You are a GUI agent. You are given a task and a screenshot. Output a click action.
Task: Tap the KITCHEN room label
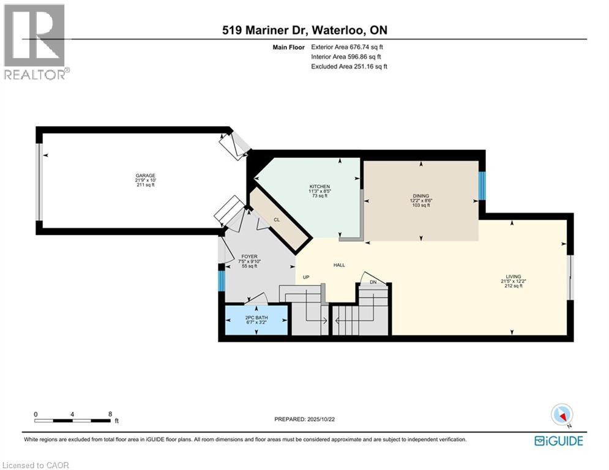319,187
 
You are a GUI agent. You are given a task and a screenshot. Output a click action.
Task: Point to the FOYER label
248,257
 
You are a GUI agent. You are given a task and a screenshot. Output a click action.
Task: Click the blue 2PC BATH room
256,320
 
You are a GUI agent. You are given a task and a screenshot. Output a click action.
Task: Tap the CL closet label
277,218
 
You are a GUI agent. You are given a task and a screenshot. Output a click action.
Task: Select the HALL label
339,265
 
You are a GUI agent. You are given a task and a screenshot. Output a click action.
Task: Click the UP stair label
307,277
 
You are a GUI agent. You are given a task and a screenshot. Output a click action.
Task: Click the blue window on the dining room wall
481,186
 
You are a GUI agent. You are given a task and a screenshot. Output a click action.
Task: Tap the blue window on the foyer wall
222,280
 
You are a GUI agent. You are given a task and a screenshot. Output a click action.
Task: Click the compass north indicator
561,415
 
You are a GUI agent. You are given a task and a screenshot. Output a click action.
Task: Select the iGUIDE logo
558,441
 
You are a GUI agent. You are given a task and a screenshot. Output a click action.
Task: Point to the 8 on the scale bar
110,414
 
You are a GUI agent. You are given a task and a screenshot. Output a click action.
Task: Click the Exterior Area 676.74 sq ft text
349,47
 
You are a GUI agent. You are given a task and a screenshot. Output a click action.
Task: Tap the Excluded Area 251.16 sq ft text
349,66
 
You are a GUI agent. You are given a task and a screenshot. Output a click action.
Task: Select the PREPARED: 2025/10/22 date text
304,419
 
